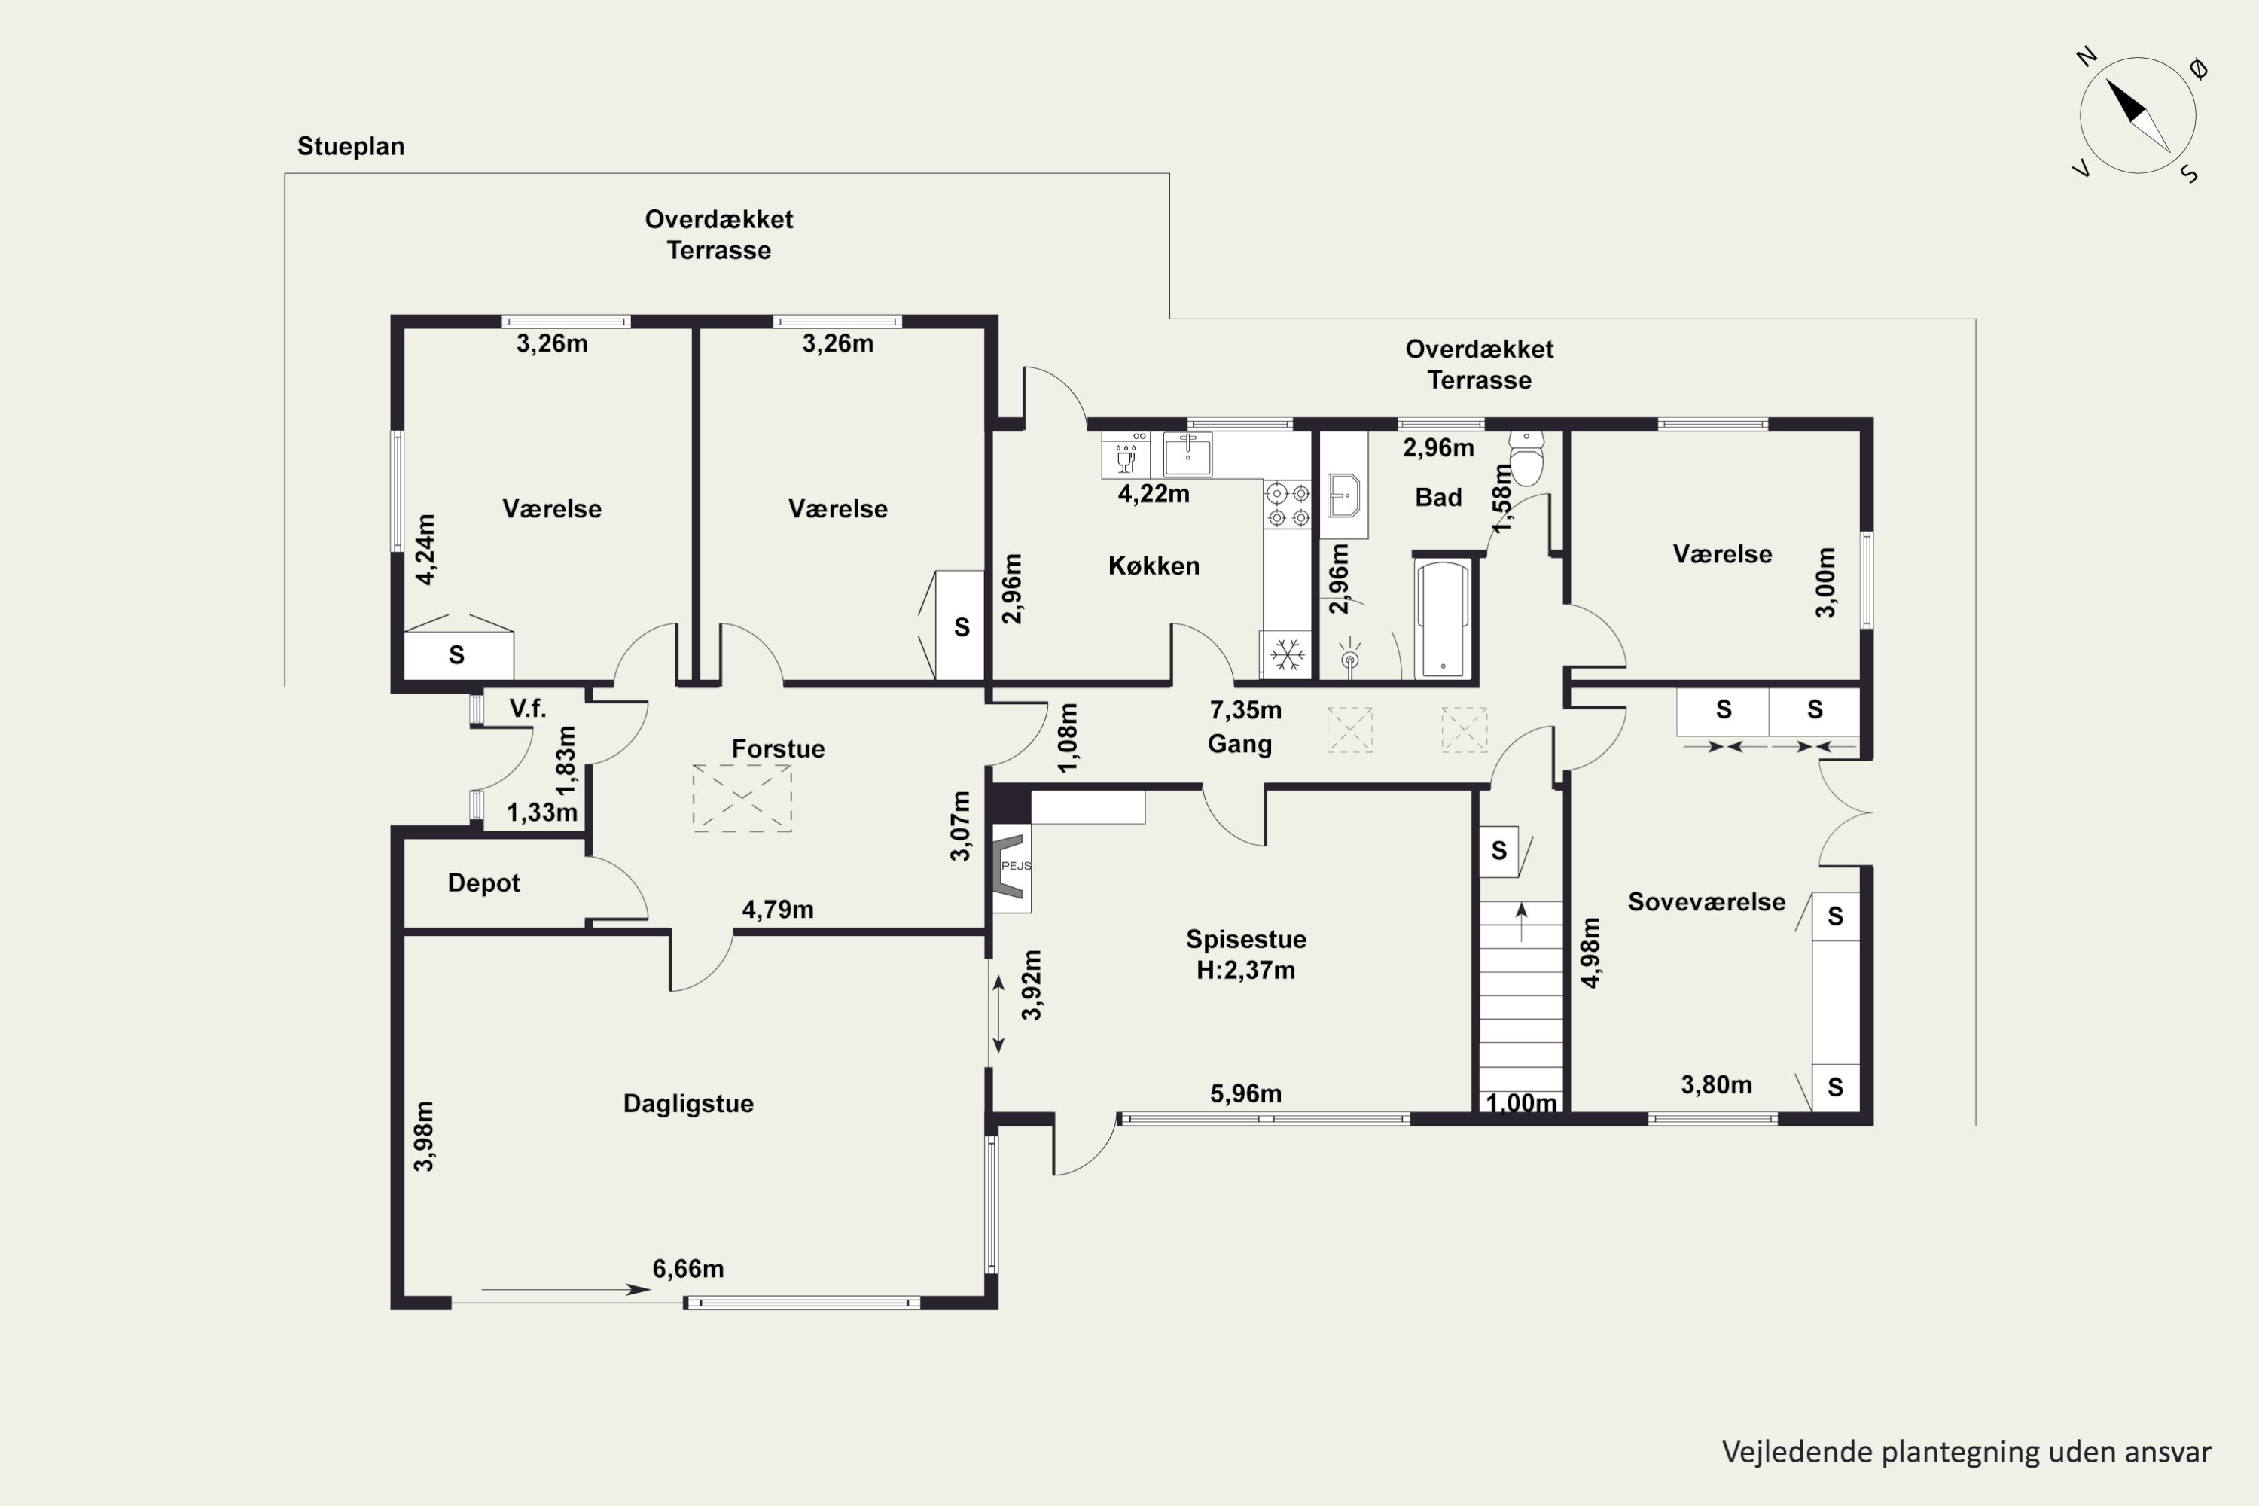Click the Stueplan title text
point(351,147)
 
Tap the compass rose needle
point(2138,115)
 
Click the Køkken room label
point(1154,566)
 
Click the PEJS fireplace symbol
point(1012,867)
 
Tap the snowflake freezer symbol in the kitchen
point(1287,656)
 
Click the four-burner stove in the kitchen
point(1288,505)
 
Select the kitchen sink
point(1187,454)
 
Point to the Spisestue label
point(1245,939)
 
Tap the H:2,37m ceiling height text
point(1245,970)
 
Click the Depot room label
point(483,883)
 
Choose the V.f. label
point(527,709)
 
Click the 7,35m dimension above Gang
point(1245,710)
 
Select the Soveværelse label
point(1707,902)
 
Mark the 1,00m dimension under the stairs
point(1521,1104)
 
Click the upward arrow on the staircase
point(1521,921)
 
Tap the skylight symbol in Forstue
point(742,798)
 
